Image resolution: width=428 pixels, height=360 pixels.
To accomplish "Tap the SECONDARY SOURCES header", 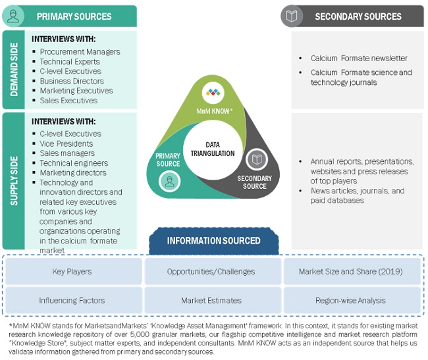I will coord(358,16).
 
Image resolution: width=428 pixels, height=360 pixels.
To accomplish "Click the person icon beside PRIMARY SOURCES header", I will coord(13,16).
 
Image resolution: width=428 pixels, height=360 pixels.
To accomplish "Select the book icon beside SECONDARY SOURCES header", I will coord(292,16).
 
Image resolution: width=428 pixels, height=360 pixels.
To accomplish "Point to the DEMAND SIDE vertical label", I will coord(14,69).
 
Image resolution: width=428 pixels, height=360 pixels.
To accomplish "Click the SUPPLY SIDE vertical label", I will coord(14,180).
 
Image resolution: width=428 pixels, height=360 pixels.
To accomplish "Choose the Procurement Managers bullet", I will coord(80,52).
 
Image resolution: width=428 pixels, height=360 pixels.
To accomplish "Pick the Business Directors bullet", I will coord(72,81).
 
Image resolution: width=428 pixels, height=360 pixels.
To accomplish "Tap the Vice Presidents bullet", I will coord(66,143).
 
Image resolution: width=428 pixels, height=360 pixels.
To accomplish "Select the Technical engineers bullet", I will coord(74,163).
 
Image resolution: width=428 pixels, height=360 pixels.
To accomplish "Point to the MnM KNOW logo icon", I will coord(213,92).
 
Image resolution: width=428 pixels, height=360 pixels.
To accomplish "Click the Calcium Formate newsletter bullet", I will coord(359,59).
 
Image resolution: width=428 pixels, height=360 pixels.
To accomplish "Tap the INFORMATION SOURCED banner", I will coord(213,241).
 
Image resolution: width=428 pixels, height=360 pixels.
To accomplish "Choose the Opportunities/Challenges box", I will coord(213,271).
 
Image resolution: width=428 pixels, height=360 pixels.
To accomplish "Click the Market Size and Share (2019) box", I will coord(351,271).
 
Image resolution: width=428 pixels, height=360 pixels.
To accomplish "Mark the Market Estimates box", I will coord(213,300).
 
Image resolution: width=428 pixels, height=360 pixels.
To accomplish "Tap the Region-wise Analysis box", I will coord(351,300).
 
